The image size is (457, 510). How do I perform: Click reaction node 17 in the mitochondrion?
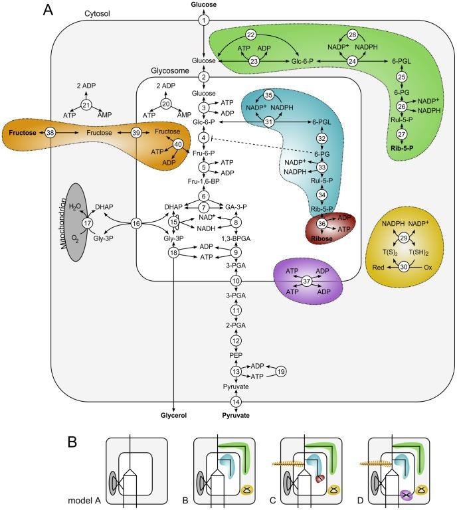tap(86, 224)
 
